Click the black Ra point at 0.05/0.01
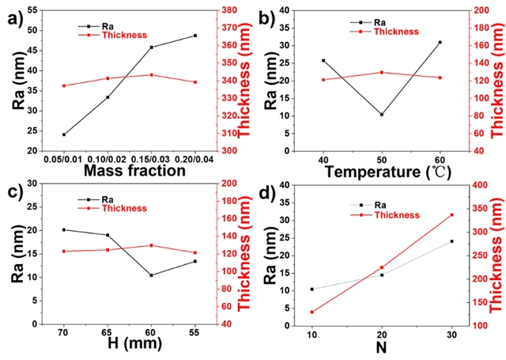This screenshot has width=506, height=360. coord(64,135)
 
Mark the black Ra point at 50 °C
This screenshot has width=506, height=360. coord(382,115)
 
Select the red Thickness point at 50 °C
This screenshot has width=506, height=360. coord(382,72)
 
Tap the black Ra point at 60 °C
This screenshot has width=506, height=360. coord(440,42)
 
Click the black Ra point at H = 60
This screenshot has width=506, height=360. coord(151,275)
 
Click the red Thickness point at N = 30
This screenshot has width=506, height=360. coord(451,215)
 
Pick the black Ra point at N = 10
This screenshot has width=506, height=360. coord(312,289)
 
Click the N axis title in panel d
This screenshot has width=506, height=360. coord(382,347)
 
